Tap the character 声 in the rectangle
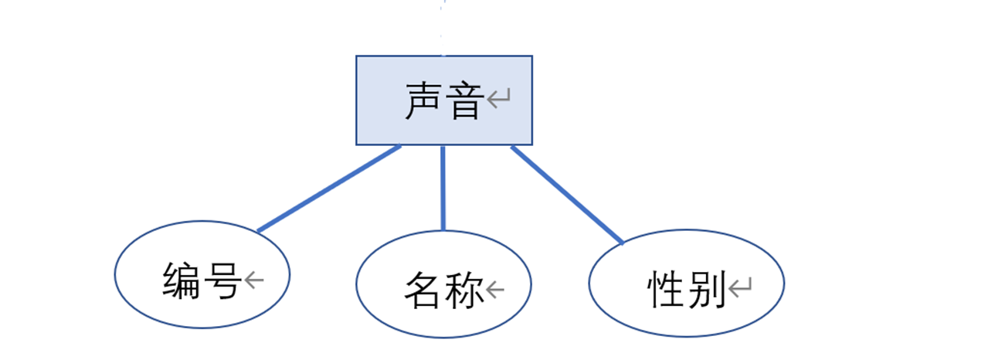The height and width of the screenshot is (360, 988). [x=426, y=101]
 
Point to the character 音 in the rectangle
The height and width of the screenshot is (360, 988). [x=465, y=101]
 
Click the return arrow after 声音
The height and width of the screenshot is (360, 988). [x=499, y=99]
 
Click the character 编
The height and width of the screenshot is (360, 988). [x=182, y=280]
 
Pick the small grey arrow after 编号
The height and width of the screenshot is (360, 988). [x=254, y=279]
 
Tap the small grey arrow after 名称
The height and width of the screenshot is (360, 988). [x=495, y=290]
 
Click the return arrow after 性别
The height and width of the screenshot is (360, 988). [x=740, y=288]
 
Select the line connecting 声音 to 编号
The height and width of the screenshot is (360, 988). [x=329, y=188]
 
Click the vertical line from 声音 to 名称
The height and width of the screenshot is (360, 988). [x=443, y=188]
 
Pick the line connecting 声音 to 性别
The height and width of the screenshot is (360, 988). [x=567, y=195]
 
